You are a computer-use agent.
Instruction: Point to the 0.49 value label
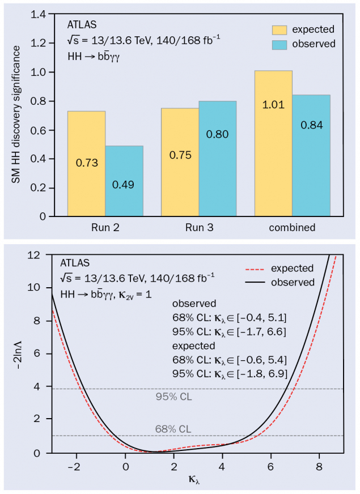click(x=124, y=185)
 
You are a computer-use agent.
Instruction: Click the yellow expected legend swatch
click(x=280, y=30)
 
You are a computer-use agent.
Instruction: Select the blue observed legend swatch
click(x=280, y=44)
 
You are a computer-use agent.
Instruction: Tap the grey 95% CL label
click(x=173, y=397)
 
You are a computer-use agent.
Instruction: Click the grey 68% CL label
click(x=173, y=428)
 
